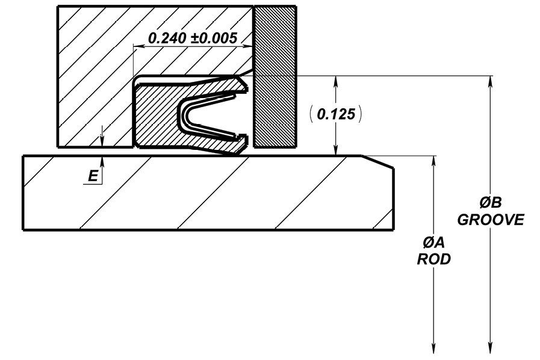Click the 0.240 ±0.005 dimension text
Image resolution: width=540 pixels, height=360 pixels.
pos(193,38)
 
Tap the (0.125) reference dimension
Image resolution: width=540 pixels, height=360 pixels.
pos(335,114)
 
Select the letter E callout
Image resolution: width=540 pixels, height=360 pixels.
pos(93,176)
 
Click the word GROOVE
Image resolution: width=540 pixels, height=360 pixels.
pos(491,220)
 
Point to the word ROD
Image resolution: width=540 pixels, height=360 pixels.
pos(434,259)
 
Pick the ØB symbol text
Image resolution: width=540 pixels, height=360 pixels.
pos(491,202)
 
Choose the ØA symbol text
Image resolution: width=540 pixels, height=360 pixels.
pos(434,243)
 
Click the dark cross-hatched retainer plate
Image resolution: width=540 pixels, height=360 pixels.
pos(275,76)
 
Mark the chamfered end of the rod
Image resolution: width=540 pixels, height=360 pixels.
pos(378,162)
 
